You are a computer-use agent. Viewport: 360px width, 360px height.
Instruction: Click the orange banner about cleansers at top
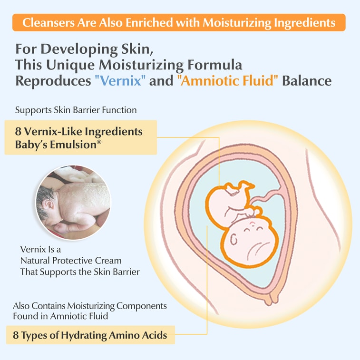(180, 22)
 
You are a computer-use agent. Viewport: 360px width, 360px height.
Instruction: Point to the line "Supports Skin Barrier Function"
(76, 110)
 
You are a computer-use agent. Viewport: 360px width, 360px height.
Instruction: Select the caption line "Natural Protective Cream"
(71, 261)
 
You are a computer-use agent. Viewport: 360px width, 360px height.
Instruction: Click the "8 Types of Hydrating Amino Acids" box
(90, 335)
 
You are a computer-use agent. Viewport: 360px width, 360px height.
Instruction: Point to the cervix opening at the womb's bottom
(273, 298)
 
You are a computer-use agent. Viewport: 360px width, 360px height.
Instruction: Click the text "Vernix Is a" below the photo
(41, 249)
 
